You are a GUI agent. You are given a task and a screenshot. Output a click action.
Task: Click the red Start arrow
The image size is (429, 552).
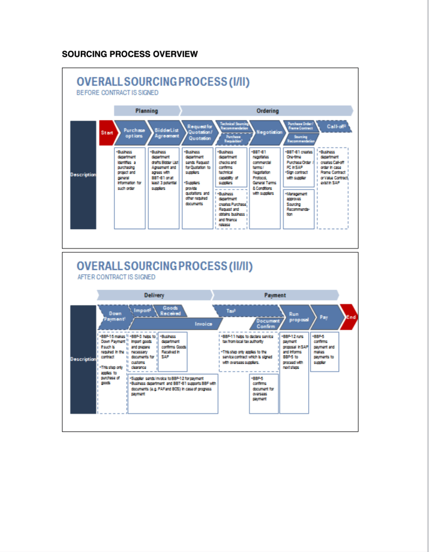pos(106,133)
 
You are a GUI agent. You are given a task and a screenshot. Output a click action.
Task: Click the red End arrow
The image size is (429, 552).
pos(350,317)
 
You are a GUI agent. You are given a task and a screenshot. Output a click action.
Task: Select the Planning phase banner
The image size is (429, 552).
pos(146,111)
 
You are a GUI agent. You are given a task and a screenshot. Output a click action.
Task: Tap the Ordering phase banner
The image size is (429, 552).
pos(267,111)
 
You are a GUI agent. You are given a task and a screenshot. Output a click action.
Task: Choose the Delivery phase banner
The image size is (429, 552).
pos(154,295)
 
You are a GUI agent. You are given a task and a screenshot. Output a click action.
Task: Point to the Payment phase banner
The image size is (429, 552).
pos(275,295)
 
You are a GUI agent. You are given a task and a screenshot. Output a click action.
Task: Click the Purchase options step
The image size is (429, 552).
pos(134,133)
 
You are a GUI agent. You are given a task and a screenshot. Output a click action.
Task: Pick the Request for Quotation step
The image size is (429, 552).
pos(199,133)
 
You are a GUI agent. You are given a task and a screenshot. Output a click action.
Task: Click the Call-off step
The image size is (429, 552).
pos(335,127)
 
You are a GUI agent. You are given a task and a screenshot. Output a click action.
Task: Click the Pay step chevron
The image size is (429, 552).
pos(325,317)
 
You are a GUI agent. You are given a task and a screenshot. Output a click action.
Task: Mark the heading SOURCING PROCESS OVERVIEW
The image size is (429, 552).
pos(130,54)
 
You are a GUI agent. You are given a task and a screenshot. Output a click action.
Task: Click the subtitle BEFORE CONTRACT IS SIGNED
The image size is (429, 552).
pos(117,93)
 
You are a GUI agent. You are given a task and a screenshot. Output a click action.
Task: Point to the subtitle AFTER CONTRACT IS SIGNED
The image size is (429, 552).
pos(116,277)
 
